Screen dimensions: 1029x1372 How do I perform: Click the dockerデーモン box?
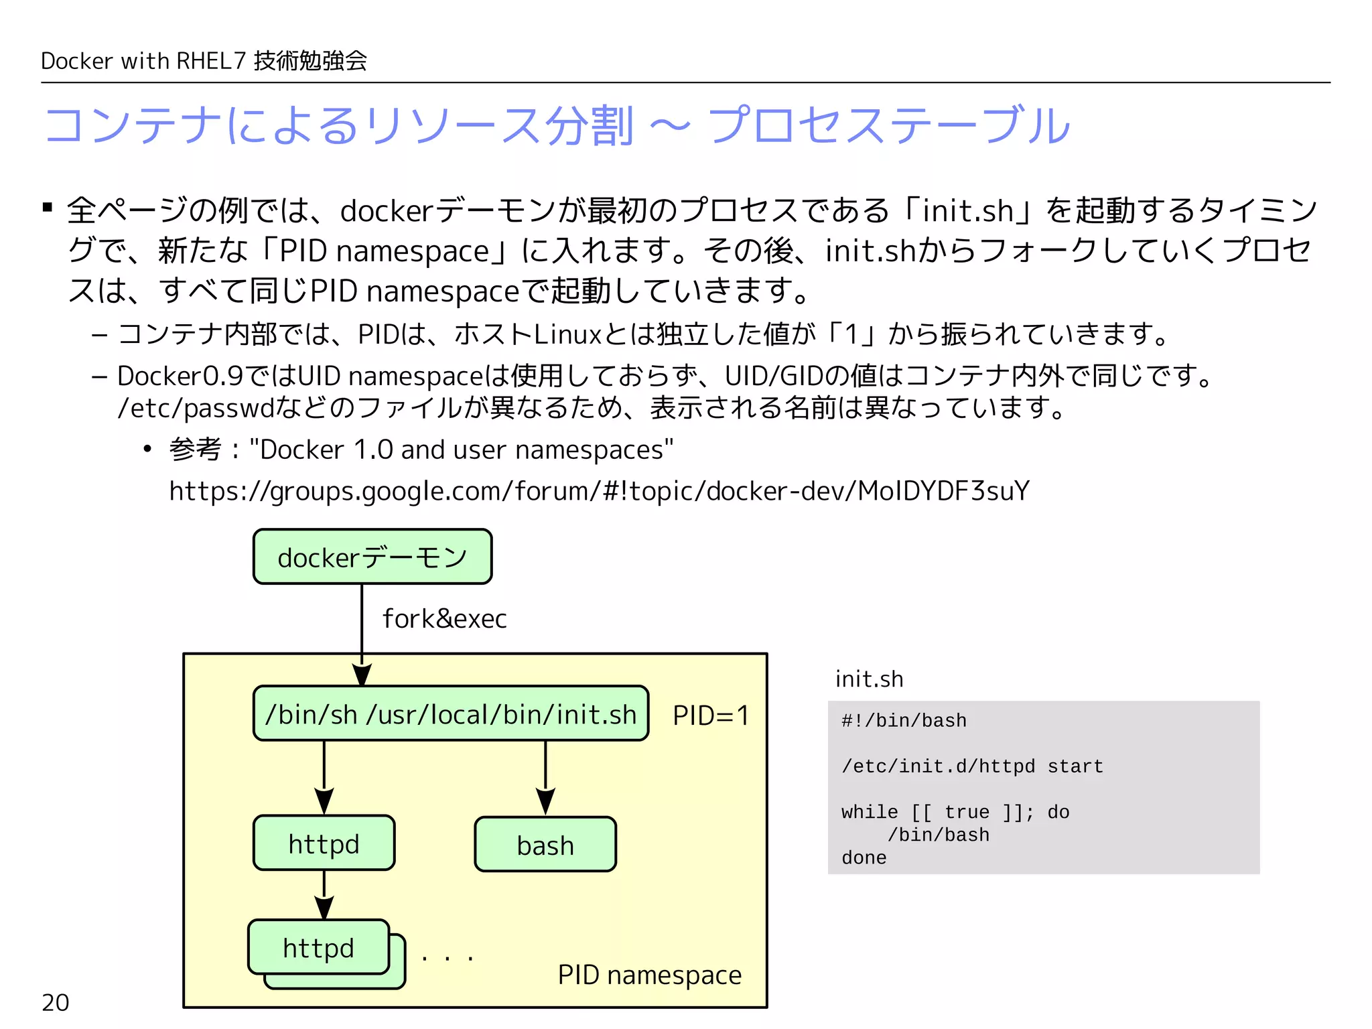click(x=372, y=557)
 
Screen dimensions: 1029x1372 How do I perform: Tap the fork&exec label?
click(x=444, y=618)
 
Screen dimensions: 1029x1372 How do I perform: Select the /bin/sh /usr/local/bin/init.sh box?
click(x=451, y=714)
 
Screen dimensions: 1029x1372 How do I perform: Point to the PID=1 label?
click(x=710, y=715)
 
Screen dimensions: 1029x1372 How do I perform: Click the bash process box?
click(x=545, y=845)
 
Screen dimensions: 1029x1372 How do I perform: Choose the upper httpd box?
click(x=324, y=843)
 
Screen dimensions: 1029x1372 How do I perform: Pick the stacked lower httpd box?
click(x=319, y=948)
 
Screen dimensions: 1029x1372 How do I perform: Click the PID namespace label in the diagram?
click(x=649, y=975)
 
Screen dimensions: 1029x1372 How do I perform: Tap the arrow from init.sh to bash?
click(x=545, y=777)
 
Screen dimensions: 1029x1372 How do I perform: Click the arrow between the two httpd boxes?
click(x=324, y=894)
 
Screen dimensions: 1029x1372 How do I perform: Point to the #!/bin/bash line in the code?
click(x=904, y=721)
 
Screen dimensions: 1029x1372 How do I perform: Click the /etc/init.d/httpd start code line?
click(x=972, y=766)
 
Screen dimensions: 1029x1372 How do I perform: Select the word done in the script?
click(x=864, y=858)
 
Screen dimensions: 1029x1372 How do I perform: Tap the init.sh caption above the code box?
click(x=869, y=679)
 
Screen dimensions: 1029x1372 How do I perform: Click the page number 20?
click(x=55, y=1002)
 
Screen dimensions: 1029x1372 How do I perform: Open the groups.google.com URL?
click(x=599, y=491)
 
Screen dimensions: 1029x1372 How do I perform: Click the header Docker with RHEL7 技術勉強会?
click(x=204, y=61)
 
